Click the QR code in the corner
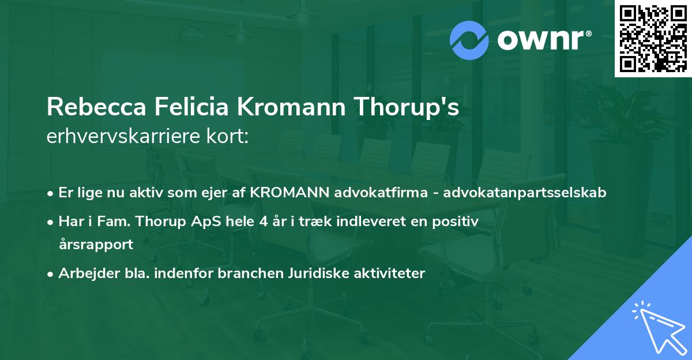tap(653, 39)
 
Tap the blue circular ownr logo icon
tap(469, 40)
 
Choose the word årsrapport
tap(96, 244)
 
